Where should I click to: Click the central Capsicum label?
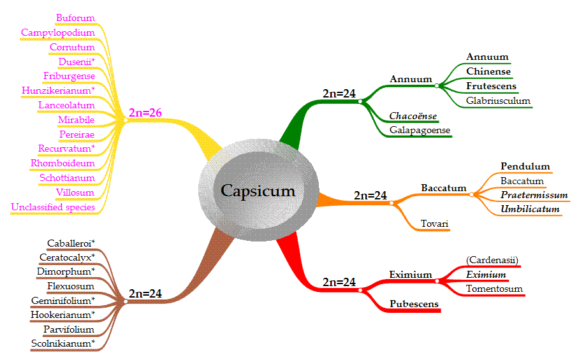point(258,191)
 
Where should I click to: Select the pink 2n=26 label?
point(145,113)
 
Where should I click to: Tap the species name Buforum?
point(75,18)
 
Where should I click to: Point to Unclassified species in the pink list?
point(53,207)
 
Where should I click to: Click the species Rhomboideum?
point(62,163)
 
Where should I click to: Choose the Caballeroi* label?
point(71,243)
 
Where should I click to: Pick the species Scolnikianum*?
point(62,344)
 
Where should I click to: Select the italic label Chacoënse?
point(413,116)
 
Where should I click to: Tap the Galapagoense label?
point(420,131)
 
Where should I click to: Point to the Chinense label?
point(488,71)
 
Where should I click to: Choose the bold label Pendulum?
point(525,167)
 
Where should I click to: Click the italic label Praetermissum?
point(534,195)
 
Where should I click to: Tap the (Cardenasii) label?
point(492,260)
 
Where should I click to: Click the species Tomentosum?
point(494,289)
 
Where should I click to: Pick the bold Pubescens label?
point(414,304)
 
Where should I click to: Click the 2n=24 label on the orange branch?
point(370,196)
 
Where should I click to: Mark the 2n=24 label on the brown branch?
point(145,294)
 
